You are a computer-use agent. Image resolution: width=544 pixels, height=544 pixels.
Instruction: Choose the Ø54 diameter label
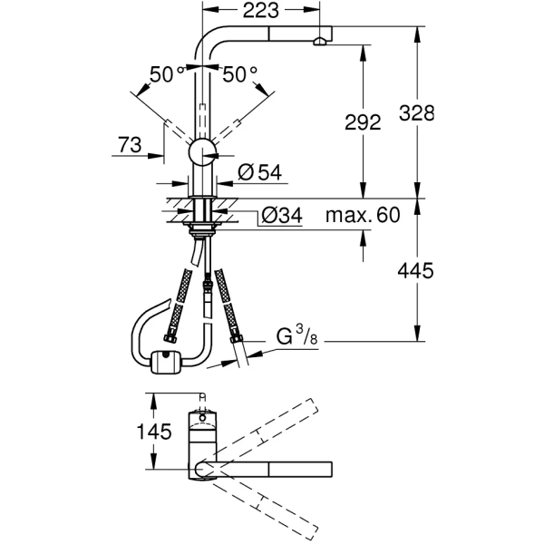point(257,173)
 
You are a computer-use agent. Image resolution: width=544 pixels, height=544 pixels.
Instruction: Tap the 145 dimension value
point(156,432)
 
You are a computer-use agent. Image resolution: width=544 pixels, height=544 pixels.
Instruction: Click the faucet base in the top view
point(204,426)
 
